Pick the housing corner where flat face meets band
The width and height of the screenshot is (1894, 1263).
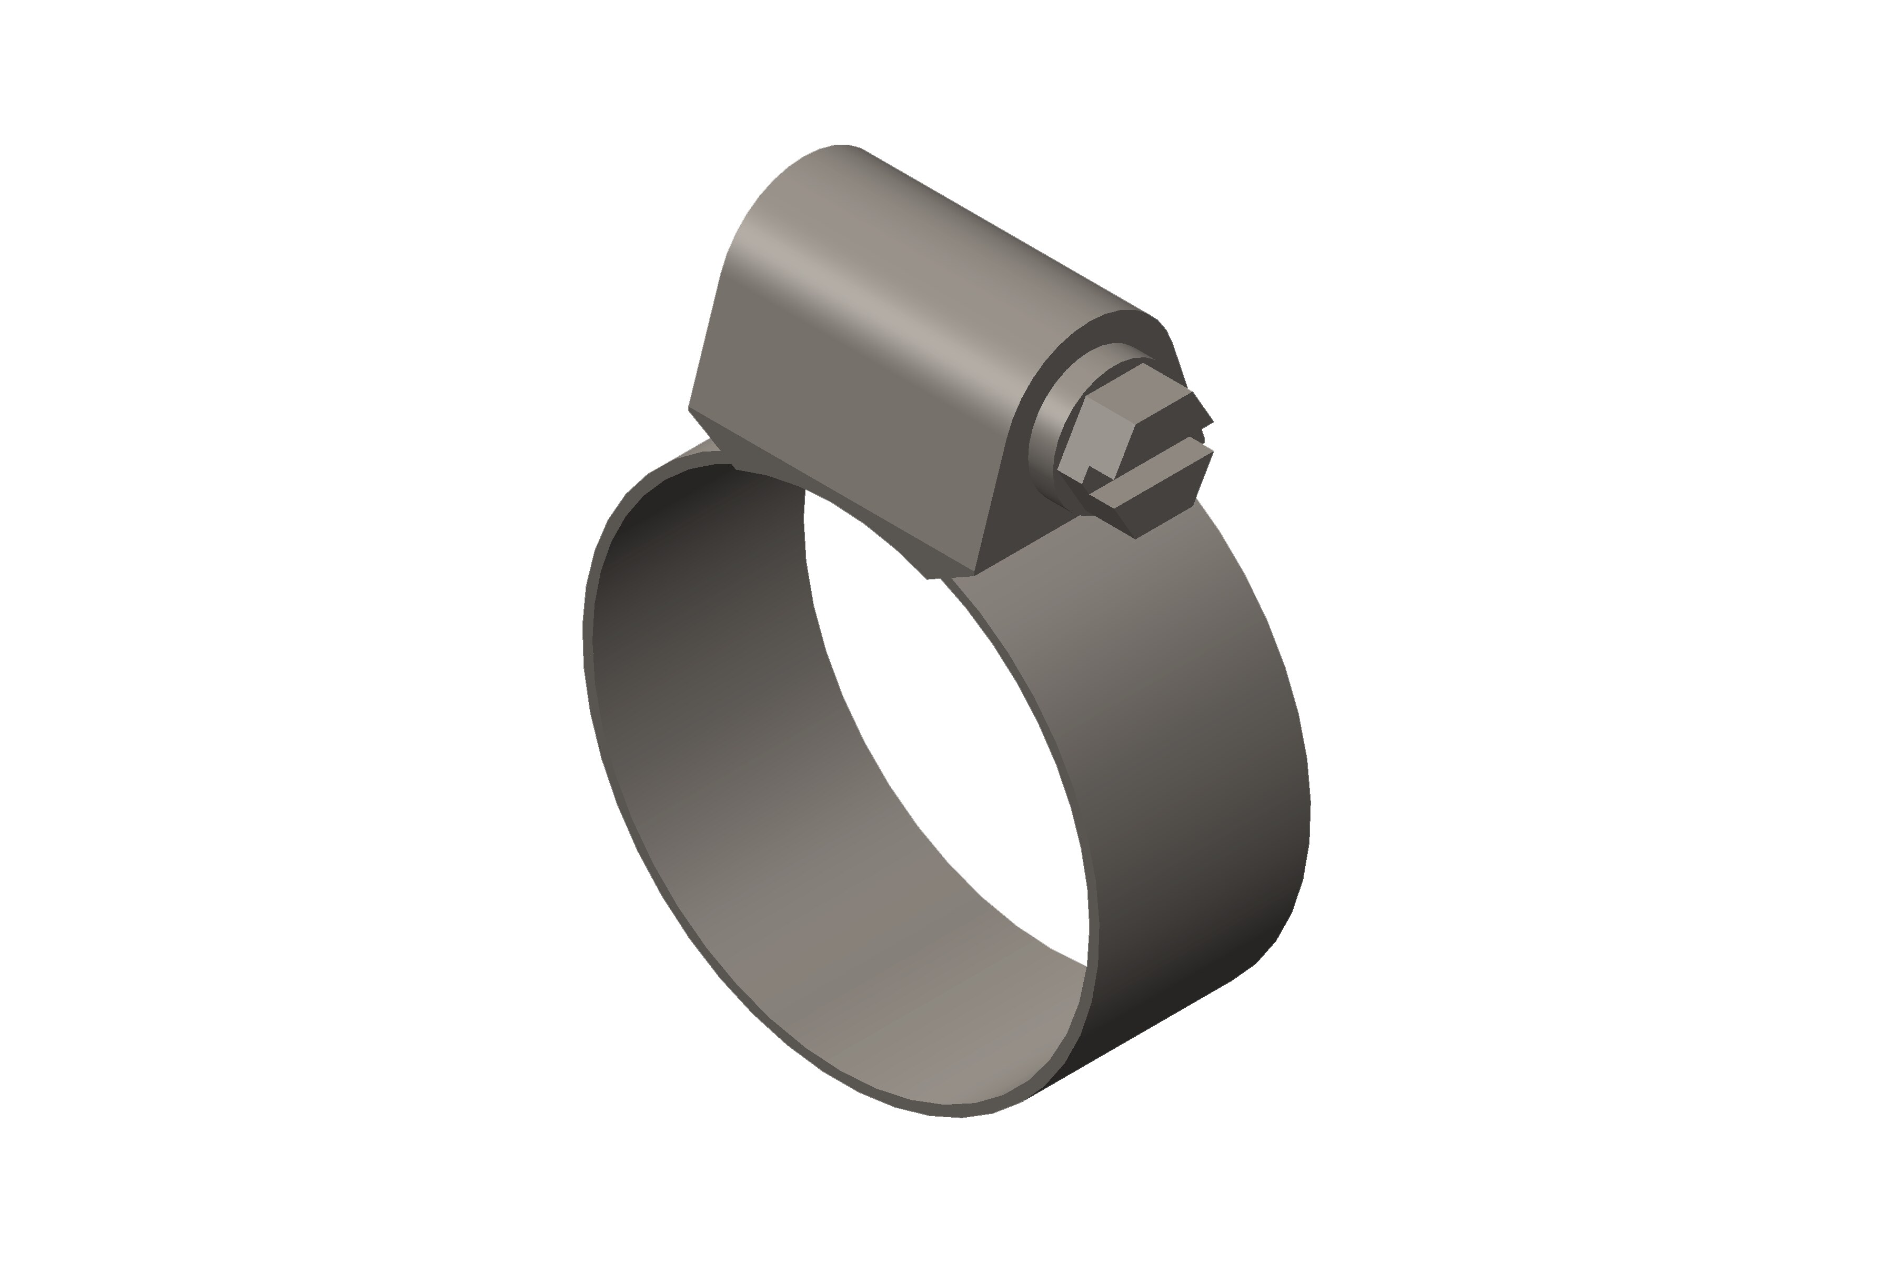tap(974, 574)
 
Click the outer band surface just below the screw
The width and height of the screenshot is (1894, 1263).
tap(1143, 612)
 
